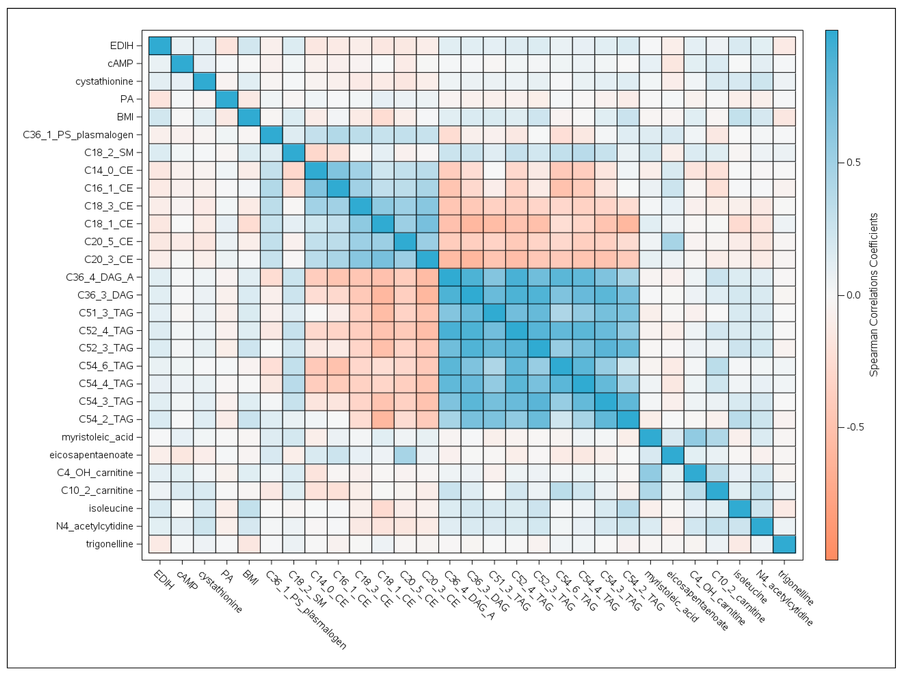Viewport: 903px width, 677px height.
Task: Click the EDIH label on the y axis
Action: [x=122, y=46]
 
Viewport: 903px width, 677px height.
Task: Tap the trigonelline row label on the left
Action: [x=109, y=544]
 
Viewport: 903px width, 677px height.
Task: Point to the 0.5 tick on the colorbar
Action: [x=853, y=162]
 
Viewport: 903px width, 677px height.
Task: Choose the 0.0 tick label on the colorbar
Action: [x=853, y=295]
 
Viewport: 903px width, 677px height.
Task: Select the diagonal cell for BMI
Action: [x=249, y=117]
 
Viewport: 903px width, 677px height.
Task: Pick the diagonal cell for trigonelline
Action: [x=784, y=544]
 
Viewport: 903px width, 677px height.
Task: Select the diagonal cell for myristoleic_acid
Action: [x=650, y=437]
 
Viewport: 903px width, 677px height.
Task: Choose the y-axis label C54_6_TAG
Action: [x=106, y=366]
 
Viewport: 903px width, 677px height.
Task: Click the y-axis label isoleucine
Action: [x=111, y=508]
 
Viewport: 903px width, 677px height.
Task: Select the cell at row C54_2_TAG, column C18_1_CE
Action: [x=383, y=419]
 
